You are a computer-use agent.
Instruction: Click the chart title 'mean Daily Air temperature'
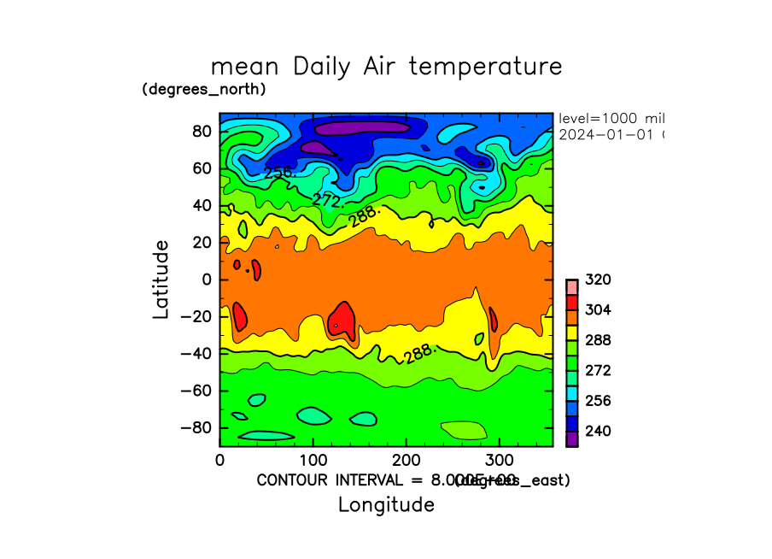386,67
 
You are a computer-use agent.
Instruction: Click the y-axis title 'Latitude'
161,279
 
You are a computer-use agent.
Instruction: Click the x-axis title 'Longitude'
386,504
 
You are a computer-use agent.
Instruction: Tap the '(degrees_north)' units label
204,89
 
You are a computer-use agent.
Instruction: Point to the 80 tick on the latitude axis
202,132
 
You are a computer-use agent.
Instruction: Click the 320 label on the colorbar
598,279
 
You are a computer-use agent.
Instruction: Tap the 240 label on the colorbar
598,431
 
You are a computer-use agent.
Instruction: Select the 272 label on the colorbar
598,371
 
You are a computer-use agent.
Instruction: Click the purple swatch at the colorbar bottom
571,438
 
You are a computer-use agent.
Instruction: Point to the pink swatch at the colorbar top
571,286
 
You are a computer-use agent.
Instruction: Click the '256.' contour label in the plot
279,173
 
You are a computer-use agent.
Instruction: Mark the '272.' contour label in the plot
328,201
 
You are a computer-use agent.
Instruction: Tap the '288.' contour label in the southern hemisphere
421,354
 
